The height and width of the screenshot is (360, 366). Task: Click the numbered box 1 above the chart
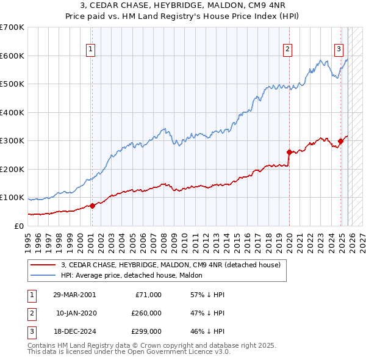pos(90,49)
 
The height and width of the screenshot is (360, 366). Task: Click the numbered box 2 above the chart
pos(287,49)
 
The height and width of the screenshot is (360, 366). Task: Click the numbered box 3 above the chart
pos(339,49)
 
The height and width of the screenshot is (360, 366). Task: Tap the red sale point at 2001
pos(92,206)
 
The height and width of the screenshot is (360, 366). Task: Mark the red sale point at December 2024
pos(340,141)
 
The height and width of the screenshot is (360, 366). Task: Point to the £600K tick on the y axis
pos(12,56)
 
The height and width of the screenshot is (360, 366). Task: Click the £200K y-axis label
pos(12,169)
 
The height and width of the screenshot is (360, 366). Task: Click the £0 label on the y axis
pos(18,226)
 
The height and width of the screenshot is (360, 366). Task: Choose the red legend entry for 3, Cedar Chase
pos(170,265)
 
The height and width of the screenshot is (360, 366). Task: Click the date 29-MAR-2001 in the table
pos(74,295)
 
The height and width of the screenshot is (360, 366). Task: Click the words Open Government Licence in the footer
pos(183,352)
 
